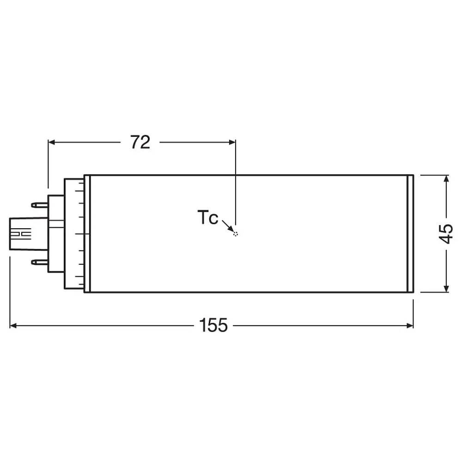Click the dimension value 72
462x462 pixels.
click(x=140, y=142)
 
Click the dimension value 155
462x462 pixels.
click(x=213, y=325)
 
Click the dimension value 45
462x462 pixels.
click(x=446, y=234)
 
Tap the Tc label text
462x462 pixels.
click(x=208, y=218)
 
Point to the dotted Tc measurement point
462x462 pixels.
click(x=235, y=234)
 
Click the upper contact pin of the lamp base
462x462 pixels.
click(x=39, y=205)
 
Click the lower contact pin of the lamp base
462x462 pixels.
click(x=39, y=261)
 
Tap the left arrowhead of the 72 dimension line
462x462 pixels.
click(x=52, y=142)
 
